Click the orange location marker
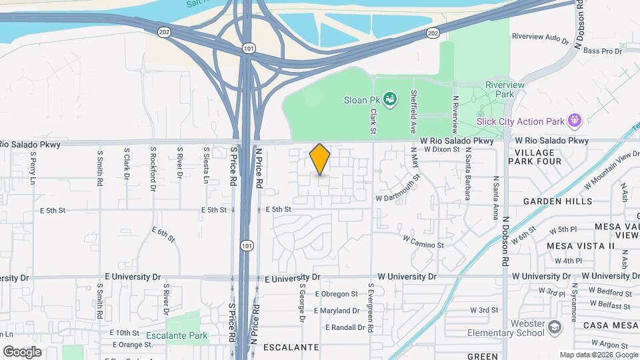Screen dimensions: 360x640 (320, 159)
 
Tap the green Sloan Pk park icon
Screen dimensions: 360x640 (391, 100)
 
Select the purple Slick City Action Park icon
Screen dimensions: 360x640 (575, 121)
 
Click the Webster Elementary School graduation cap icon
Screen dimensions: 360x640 (555, 327)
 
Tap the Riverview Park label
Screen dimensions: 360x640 (505, 89)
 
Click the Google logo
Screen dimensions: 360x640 (22, 351)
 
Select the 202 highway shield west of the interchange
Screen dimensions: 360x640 (164, 31)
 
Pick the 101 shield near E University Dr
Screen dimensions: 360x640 (247, 246)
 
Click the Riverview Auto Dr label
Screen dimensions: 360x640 (539, 38)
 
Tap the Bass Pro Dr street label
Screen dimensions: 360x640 (602, 51)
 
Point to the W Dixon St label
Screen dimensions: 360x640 (442, 150)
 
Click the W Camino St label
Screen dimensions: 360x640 (423, 241)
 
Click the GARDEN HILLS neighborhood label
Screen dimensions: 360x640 (557, 201)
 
